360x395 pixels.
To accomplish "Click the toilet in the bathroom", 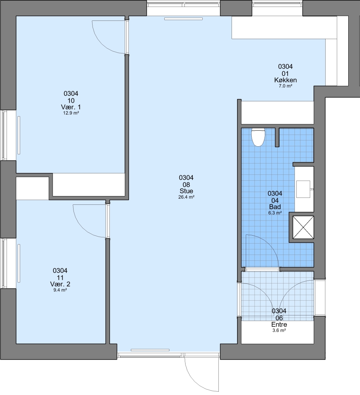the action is point(258,137).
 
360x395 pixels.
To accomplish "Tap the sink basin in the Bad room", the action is point(303,189).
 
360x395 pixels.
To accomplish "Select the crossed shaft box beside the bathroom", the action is point(303,227).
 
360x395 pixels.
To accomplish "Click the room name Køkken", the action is point(285,80).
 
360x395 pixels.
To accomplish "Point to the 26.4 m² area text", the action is point(186,197).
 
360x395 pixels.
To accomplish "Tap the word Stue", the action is point(186,191).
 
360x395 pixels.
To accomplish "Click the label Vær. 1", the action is point(71,107).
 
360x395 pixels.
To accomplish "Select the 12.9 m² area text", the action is point(71,113).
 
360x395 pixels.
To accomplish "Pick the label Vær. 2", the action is point(60,284).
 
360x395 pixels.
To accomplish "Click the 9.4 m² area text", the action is point(60,290).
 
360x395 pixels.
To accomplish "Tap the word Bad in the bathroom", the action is point(275,207).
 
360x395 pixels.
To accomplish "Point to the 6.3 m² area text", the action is point(275,213).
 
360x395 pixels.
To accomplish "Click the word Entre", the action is point(279,324).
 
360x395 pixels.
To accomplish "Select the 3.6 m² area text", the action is point(279,331).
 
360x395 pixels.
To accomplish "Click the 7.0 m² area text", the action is point(285,86).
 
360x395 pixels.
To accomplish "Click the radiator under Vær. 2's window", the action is point(19,263).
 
